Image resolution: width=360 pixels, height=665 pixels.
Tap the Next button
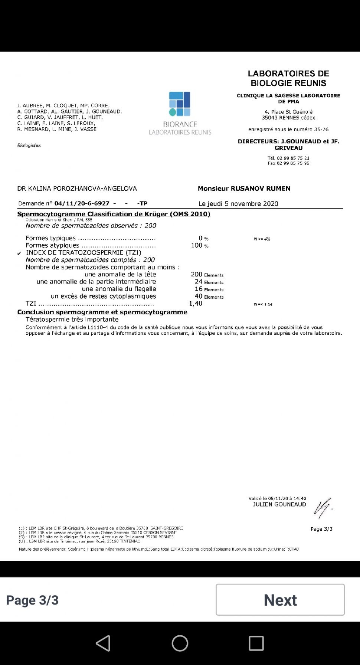(280, 600)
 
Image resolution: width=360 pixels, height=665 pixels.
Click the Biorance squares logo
(180, 104)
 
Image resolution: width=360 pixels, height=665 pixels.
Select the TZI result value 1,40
(196, 304)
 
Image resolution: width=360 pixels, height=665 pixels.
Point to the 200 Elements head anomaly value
(207, 275)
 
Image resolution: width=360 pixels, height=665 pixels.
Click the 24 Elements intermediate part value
(209, 282)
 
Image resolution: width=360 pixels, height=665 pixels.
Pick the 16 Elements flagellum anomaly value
(209, 289)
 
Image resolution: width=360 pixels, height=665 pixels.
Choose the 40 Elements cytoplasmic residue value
(209, 297)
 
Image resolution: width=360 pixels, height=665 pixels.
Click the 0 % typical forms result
(203, 238)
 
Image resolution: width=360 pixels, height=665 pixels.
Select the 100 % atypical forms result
(200, 245)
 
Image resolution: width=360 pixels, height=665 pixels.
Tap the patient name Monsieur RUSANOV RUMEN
(244, 189)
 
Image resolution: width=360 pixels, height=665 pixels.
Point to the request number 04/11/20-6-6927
(82, 203)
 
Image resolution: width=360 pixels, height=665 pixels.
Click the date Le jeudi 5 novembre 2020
(238, 204)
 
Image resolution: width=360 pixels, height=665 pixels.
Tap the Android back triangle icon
(103, 643)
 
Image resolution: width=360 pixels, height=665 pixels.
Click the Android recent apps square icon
(256, 643)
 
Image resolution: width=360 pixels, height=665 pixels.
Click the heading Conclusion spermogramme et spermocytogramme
(102, 312)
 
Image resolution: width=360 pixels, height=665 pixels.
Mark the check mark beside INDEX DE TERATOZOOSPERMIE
(19, 253)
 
